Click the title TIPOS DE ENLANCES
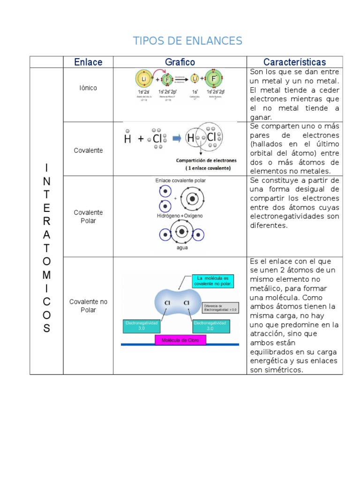click(x=187, y=41)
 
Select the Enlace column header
click(x=88, y=62)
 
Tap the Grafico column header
click(x=180, y=62)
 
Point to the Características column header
click(x=294, y=62)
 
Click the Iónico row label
click(x=88, y=88)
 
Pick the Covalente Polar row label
click(x=88, y=216)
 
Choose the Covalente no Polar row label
click(x=88, y=306)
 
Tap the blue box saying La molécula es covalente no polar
click(x=212, y=281)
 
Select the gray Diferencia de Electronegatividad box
click(x=221, y=307)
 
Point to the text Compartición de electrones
click(x=206, y=160)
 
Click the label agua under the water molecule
click(x=182, y=247)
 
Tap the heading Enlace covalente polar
click(x=180, y=180)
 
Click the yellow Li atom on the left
click(x=143, y=78)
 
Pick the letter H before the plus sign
click(x=127, y=139)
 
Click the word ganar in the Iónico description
click(x=261, y=117)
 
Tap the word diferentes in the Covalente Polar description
click(x=269, y=225)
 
